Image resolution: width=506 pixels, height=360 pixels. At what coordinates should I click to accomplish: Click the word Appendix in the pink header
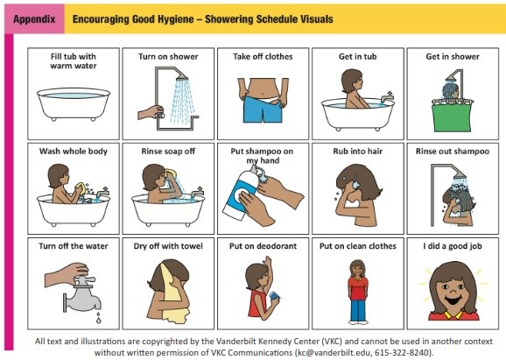[34, 19]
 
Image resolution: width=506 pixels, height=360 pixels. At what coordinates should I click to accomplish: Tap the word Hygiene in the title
[176, 19]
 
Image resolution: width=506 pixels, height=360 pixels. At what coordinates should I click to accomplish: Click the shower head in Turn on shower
[181, 77]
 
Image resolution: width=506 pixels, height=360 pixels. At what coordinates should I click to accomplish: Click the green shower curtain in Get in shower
[452, 117]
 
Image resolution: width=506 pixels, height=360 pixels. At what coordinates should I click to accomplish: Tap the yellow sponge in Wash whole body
[80, 188]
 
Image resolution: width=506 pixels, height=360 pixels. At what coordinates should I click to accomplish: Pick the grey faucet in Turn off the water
[82, 294]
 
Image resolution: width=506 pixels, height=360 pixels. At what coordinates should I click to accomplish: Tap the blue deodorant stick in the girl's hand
[274, 295]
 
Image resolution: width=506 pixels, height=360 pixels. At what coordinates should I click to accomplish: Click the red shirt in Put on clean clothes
[357, 288]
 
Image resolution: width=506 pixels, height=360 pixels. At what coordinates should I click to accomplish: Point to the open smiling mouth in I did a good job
[453, 300]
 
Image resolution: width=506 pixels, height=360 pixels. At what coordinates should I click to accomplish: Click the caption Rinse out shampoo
[453, 152]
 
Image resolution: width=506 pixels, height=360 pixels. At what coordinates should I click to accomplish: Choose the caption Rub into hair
[357, 152]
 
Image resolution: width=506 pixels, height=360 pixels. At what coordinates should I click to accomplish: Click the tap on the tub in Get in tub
[387, 98]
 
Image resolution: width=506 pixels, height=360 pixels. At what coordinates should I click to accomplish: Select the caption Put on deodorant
[263, 246]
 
